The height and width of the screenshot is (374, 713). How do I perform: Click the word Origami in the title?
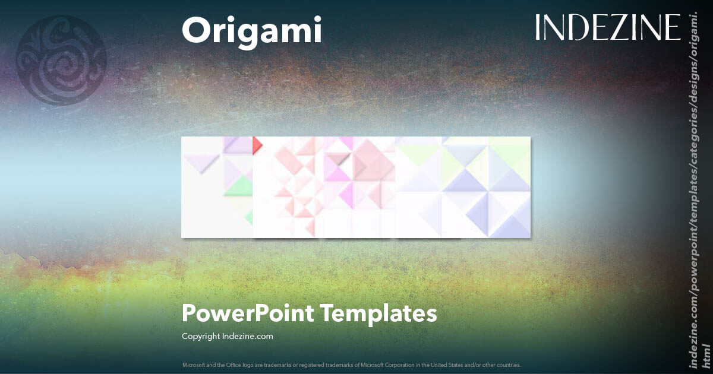pos(252,31)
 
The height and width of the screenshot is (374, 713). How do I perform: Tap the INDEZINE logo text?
pos(607,27)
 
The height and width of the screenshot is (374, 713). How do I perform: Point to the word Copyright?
pos(201,337)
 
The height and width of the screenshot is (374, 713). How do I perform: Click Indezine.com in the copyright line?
pos(247,337)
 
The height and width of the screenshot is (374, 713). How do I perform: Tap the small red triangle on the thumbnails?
pos(257,144)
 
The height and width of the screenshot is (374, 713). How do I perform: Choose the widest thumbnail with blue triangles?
pos(463,187)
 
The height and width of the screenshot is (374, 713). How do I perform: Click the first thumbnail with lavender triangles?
pos(217,187)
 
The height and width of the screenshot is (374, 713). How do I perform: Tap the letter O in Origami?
pos(193,31)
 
